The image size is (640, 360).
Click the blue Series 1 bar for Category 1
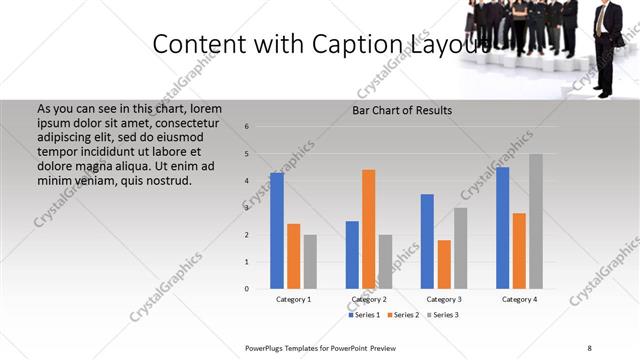tap(276, 231)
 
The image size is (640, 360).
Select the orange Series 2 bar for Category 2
tap(369, 229)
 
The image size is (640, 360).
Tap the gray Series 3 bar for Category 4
tap(536, 221)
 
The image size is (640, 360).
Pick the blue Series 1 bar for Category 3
tap(427, 241)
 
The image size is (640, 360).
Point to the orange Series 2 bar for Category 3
tap(444, 264)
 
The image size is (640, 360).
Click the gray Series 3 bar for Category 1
tap(310, 261)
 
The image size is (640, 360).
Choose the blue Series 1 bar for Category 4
tap(502, 228)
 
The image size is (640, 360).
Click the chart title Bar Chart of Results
tap(402, 110)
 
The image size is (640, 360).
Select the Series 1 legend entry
tap(364, 315)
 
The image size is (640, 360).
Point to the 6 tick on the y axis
tap(247, 127)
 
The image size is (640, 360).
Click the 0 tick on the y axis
tap(247, 289)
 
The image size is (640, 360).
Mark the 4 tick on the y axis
tap(247, 181)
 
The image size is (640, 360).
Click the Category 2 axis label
tap(369, 299)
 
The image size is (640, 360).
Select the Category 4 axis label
tap(519, 299)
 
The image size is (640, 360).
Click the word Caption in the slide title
tap(351, 44)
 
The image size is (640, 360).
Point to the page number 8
tap(589, 347)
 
